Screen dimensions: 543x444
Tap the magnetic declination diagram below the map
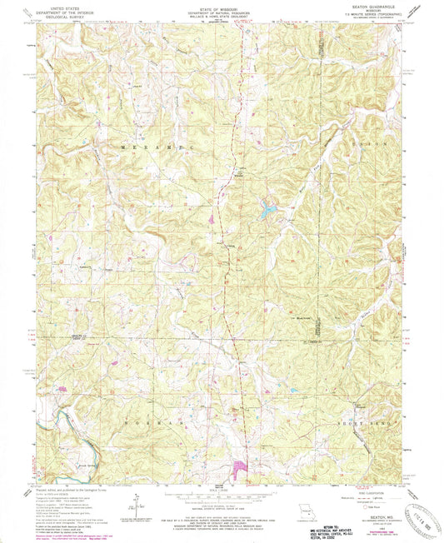point(133,502)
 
